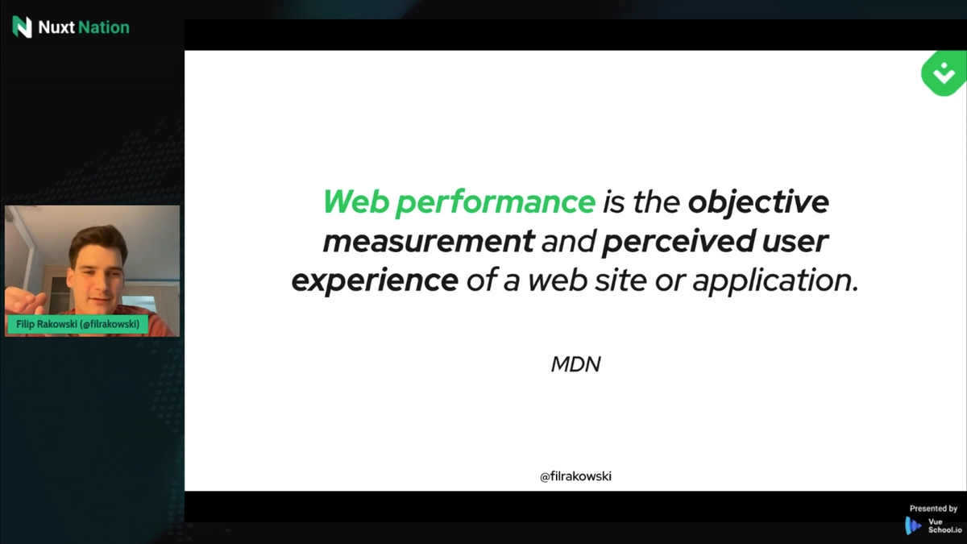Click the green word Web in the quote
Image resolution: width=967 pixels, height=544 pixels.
click(x=356, y=201)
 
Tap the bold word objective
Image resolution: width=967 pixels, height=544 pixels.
click(x=758, y=202)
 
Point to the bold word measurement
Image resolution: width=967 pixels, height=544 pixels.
click(x=429, y=241)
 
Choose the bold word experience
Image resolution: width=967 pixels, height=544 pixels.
click(x=375, y=280)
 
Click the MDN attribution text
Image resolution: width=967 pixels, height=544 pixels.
click(x=575, y=364)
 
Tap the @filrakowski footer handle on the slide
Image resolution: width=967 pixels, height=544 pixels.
click(x=575, y=476)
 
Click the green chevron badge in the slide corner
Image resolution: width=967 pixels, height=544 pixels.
click(x=944, y=73)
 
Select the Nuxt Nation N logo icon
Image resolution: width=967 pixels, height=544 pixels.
click(x=22, y=27)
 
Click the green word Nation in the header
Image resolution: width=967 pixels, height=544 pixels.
click(x=104, y=27)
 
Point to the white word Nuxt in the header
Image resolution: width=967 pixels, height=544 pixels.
click(x=56, y=27)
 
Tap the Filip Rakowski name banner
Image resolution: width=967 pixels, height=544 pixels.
click(x=77, y=324)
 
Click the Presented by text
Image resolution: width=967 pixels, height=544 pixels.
click(x=933, y=509)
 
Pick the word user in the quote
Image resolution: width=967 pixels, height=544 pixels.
click(x=795, y=242)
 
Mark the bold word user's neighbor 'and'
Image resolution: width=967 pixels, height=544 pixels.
click(x=568, y=241)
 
